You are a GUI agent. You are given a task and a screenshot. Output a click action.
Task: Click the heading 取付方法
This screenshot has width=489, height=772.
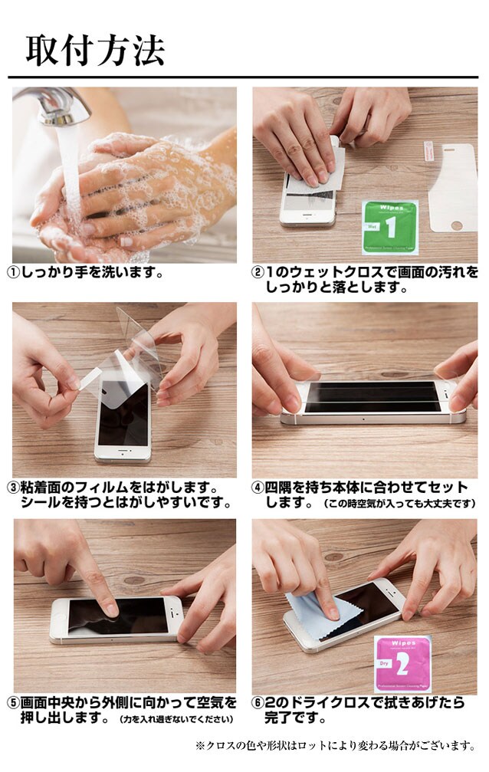click(95, 51)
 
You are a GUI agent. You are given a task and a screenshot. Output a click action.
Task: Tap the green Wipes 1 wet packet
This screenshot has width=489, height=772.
click(390, 227)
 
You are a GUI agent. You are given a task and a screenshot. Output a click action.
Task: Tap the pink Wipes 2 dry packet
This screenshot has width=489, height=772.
click(403, 663)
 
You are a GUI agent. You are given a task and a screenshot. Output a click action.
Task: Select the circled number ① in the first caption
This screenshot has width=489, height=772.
click(13, 272)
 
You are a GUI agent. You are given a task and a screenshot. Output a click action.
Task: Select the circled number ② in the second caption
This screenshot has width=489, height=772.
click(258, 272)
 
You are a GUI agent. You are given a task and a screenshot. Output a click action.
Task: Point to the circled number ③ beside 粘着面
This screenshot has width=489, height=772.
click(13, 488)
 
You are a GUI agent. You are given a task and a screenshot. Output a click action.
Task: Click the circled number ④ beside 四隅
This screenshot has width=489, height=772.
click(258, 488)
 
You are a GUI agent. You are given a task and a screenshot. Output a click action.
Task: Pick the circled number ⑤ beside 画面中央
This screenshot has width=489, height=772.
click(13, 703)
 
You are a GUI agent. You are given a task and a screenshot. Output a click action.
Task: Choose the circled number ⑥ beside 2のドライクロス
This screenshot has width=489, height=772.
click(258, 703)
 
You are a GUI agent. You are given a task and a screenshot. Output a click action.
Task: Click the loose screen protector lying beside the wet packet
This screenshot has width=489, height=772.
click(452, 188)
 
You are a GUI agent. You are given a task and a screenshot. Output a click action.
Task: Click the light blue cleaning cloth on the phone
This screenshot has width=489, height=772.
click(315, 615)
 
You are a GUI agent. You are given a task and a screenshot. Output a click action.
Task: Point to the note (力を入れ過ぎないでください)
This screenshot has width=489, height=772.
click(176, 719)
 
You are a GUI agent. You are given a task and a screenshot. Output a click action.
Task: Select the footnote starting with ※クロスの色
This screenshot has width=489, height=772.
click(336, 746)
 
